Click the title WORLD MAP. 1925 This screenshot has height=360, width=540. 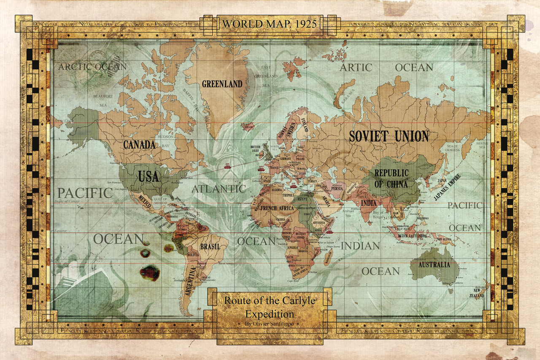pos(269,24)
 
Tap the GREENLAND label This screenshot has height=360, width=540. pos(222,84)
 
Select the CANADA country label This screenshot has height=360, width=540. pos(139,145)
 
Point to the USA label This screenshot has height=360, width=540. pos(148,176)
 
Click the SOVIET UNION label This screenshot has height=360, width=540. pos(389,136)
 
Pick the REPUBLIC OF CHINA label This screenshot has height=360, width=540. pos(391,179)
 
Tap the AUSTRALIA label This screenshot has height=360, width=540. pos(434,265)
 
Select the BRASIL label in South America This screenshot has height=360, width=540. pos(210,246)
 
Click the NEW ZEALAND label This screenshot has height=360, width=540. pos(478,293)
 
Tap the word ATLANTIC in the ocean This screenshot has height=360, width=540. pos(219,189)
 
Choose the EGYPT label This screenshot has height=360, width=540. pos(302,198)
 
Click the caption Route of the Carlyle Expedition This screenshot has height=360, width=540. pos(270,308)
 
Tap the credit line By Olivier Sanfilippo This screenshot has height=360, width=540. pos(270,324)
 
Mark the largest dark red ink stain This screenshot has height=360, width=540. pos(150,273)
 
